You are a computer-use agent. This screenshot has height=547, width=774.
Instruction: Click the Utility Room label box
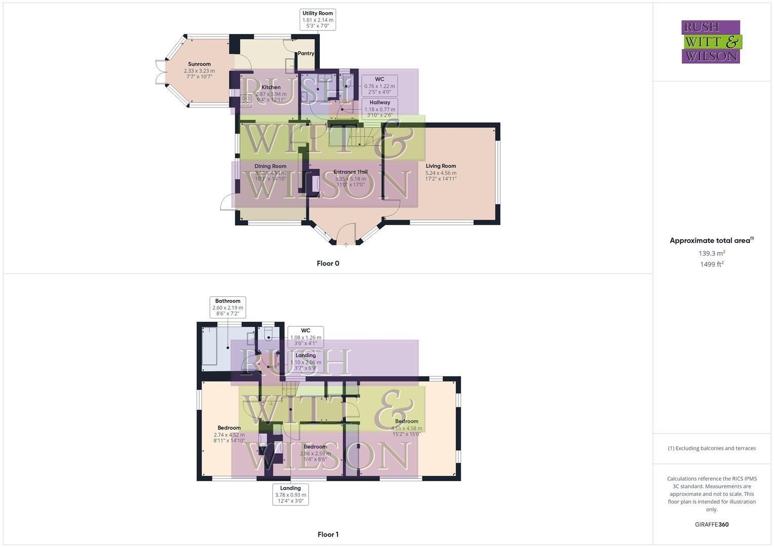pos(318,20)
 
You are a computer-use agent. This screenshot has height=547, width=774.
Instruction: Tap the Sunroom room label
pos(199,64)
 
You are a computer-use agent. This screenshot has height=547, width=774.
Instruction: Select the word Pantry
pos(306,53)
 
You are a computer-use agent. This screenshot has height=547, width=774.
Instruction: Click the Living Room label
pos(440,166)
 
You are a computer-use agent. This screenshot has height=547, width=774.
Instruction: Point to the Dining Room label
pos(270,166)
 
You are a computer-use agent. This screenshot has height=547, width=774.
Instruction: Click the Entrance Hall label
pos(350,172)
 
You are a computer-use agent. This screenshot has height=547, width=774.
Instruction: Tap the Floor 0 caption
pos(328,263)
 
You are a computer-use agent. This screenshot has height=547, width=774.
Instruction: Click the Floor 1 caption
pos(328,534)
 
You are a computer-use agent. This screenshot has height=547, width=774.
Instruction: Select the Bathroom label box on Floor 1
pos(228,307)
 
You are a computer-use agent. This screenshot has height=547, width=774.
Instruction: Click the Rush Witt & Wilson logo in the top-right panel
pos(711,42)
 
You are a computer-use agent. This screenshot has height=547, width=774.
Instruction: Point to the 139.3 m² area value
pos(712,253)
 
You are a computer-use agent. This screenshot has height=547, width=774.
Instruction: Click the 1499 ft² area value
pos(712,264)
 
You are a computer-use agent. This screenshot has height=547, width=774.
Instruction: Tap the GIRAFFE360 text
pos(712,525)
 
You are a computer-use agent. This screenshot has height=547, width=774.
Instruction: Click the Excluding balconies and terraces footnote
pos(712,448)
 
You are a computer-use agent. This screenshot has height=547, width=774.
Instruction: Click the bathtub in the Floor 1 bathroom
pos(210,346)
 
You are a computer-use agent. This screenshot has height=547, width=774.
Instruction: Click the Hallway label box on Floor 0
pos(380,108)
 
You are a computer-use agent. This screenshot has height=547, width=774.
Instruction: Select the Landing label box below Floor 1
pos(290,494)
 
